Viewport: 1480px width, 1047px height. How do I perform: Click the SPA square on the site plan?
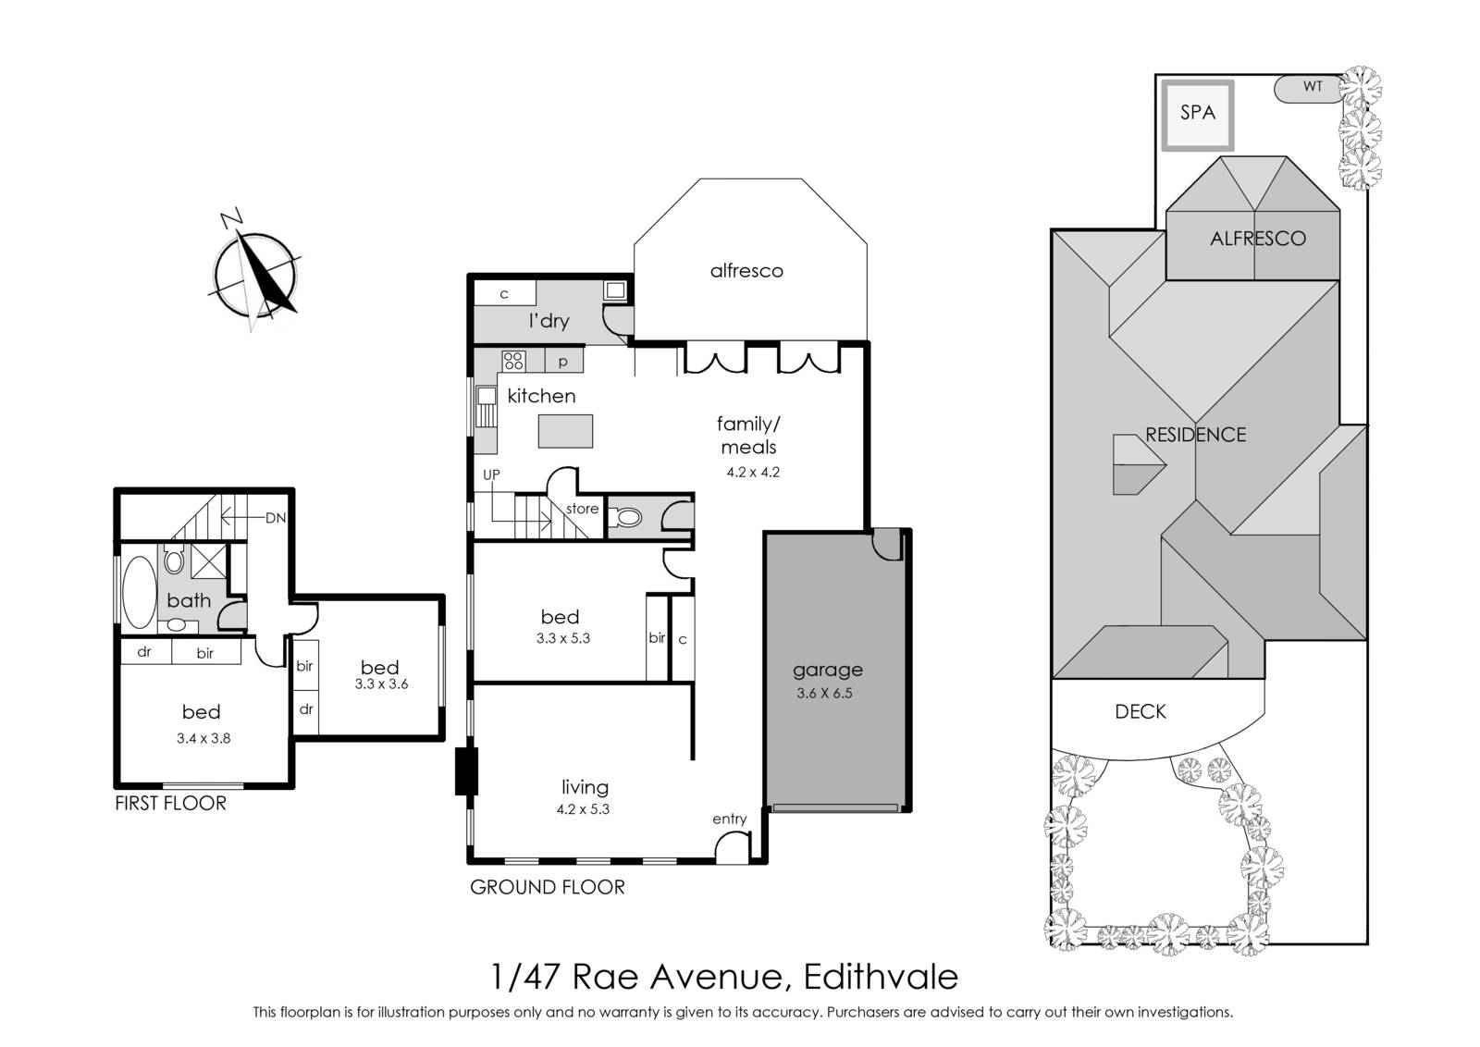click(1197, 116)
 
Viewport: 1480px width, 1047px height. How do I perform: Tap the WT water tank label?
click(1313, 87)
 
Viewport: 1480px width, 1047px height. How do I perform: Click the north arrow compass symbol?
click(256, 272)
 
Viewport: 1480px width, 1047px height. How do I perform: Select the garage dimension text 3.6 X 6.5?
click(824, 693)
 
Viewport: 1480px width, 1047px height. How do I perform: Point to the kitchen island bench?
click(565, 431)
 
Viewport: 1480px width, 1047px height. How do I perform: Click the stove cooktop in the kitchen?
click(513, 361)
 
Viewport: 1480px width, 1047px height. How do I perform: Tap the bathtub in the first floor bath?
click(139, 591)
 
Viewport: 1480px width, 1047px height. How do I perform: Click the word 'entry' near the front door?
click(730, 819)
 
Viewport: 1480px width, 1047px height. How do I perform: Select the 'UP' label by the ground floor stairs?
click(491, 474)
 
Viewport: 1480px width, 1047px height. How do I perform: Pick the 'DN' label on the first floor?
click(276, 518)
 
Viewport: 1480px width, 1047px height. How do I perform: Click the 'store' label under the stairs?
click(582, 508)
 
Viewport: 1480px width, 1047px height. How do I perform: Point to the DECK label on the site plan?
click(1141, 711)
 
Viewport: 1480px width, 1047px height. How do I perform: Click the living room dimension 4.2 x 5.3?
click(583, 808)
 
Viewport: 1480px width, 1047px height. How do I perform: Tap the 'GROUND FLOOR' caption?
click(547, 886)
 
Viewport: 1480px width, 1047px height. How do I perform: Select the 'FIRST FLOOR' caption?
click(170, 803)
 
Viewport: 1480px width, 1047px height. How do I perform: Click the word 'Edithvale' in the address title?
click(881, 977)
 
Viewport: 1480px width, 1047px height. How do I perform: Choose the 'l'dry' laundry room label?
click(549, 320)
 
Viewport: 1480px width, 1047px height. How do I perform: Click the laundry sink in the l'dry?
click(615, 290)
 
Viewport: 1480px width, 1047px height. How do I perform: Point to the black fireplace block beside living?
click(466, 770)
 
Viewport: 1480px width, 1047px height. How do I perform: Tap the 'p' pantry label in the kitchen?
click(563, 362)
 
